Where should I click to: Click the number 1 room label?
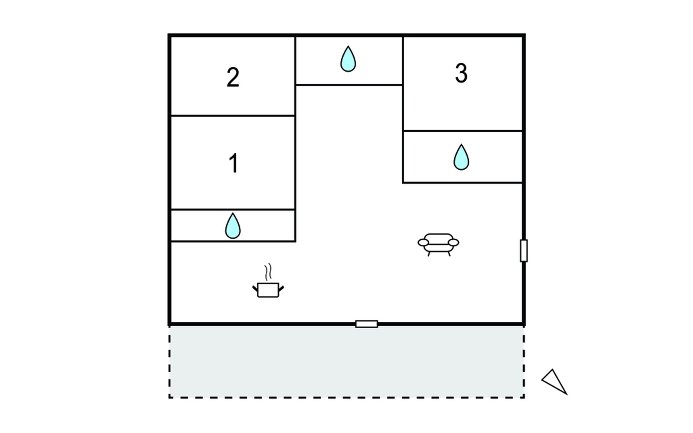coord(234,163)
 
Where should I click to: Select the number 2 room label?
coord(233,77)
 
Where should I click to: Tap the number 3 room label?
coord(461,73)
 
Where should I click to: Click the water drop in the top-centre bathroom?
coord(348,60)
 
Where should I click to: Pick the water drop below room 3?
coord(461,158)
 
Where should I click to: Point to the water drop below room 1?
coord(233,226)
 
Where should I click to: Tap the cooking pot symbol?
coord(268,290)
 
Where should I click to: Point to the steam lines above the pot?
coord(268,272)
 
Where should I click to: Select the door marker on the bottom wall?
coord(366,324)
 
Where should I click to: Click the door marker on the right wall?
coord(524,250)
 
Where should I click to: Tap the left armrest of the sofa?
coord(423,242)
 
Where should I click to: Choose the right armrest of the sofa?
coord(454,242)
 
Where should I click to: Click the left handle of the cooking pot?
coord(255,288)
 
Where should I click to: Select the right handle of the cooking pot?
coord(282,288)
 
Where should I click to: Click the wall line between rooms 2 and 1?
coord(233,116)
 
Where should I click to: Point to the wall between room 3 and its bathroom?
coord(462,131)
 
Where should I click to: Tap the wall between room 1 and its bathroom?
coord(233,209)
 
